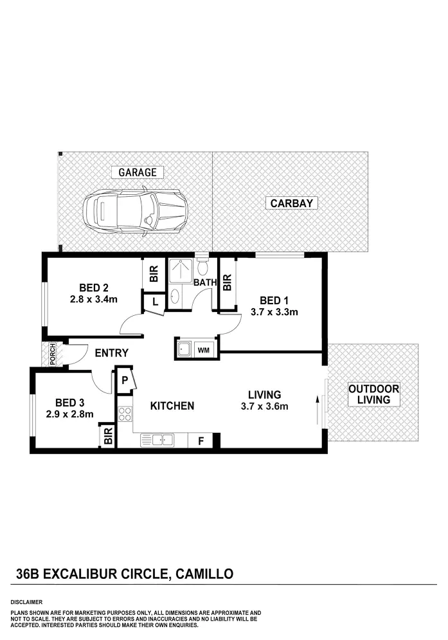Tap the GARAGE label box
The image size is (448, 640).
coord(137,172)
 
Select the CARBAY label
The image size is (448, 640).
coord(291,203)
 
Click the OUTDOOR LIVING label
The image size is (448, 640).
coord(373,394)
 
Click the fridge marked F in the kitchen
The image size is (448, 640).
coord(201,441)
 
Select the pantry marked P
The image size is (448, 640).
coord(125,381)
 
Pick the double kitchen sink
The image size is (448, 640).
coord(157,441)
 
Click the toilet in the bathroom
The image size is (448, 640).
coord(202,266)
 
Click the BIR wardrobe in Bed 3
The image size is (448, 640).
coord(107,437)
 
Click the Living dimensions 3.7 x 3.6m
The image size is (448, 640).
coord(264,406)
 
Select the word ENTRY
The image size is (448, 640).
coord(111,353)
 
